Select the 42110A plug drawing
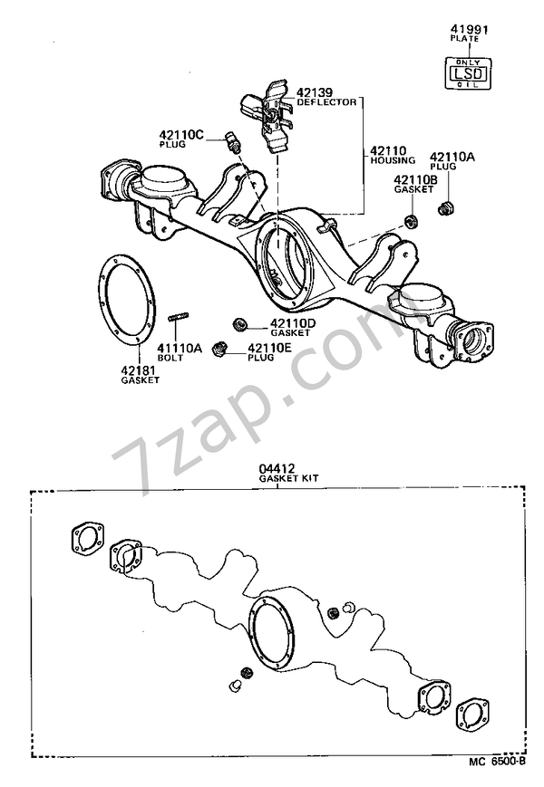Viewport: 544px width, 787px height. click(445, 210)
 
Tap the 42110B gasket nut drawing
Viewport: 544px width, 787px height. click(410, 220)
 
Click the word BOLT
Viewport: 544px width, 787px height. click(170, 358)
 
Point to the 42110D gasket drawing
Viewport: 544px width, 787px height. click(239, 322)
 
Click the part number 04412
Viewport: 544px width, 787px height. click(277, 468)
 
